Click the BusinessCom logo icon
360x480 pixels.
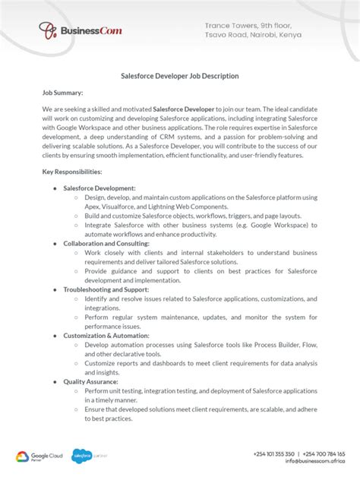[x=49, y=30]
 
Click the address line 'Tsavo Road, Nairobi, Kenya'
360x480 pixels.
[x=253, y=35]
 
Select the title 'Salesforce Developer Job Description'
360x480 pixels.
[x=180, y=76]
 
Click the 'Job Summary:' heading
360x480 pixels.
[x=62, y=93]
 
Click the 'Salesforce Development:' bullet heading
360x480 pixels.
[x=99, y=188]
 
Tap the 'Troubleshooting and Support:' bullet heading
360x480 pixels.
[x=106, y=289]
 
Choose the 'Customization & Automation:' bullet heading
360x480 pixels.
[x=106, y=335]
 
